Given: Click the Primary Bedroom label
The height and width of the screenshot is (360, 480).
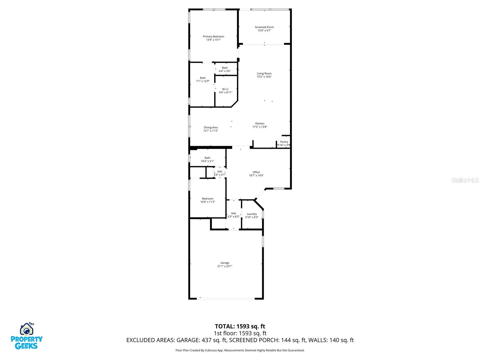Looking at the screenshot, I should pyautogui.click(x=213, y=37).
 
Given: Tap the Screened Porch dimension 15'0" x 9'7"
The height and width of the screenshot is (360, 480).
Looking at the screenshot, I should pyautogui.click(x=264, y=31).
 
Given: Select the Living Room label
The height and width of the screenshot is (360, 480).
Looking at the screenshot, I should pyautogui.click(x=264, y=73).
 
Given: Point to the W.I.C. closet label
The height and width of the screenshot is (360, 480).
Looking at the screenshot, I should pyautogui.click(x=226, y=89).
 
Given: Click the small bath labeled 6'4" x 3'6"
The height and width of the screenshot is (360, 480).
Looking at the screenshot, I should pyautogui.click(x=225, y=69).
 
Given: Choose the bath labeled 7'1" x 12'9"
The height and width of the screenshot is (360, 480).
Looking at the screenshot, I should pyautogui.click(x=203, y=79).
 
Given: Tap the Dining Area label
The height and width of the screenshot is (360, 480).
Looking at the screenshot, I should pyautogui.click(x=211, y=127).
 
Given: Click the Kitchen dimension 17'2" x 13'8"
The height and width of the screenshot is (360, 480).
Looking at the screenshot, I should pyautogui.click(x=260, y=127).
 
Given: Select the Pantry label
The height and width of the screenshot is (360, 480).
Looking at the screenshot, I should pyautogui.click(x=284, y=142).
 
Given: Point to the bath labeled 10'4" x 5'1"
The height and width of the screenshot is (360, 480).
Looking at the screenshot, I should pyautogui.click(x=207, y=159).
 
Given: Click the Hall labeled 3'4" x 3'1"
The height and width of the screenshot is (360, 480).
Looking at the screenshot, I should pyautogui.click(x=220, y=173).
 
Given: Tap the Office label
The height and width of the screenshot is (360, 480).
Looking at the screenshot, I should pyautogui.click(x=256, y=172).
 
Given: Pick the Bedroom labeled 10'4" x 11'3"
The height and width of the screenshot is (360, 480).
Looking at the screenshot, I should pyautogui.click(x=208, y=200).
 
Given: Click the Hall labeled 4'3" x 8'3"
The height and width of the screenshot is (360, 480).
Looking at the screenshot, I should pyautogui.click(x=233, y=215).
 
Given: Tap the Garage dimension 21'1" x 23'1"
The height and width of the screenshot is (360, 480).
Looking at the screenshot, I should pyautogui.click(x=225, y=266).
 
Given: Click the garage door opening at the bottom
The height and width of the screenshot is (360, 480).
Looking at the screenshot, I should pyautogui.click(x=226, y=298).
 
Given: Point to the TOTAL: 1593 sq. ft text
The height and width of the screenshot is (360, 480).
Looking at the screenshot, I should pyautogui.click(x=240, y=326).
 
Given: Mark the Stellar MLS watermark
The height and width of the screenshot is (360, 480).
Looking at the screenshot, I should pyautogui.click(x=465, y=180).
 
